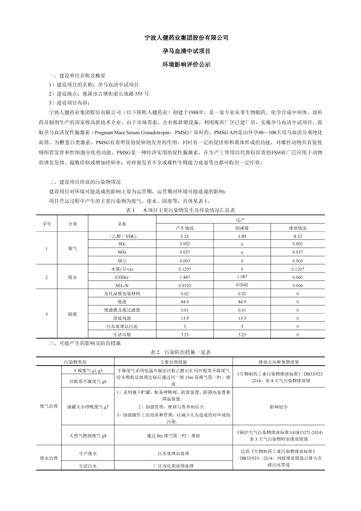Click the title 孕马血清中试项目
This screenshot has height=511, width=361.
point(180,51)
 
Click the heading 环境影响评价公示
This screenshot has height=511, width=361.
point(180,64)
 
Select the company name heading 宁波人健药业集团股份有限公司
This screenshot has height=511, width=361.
point(180,38)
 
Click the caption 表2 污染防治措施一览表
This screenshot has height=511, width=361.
point(180,352)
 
